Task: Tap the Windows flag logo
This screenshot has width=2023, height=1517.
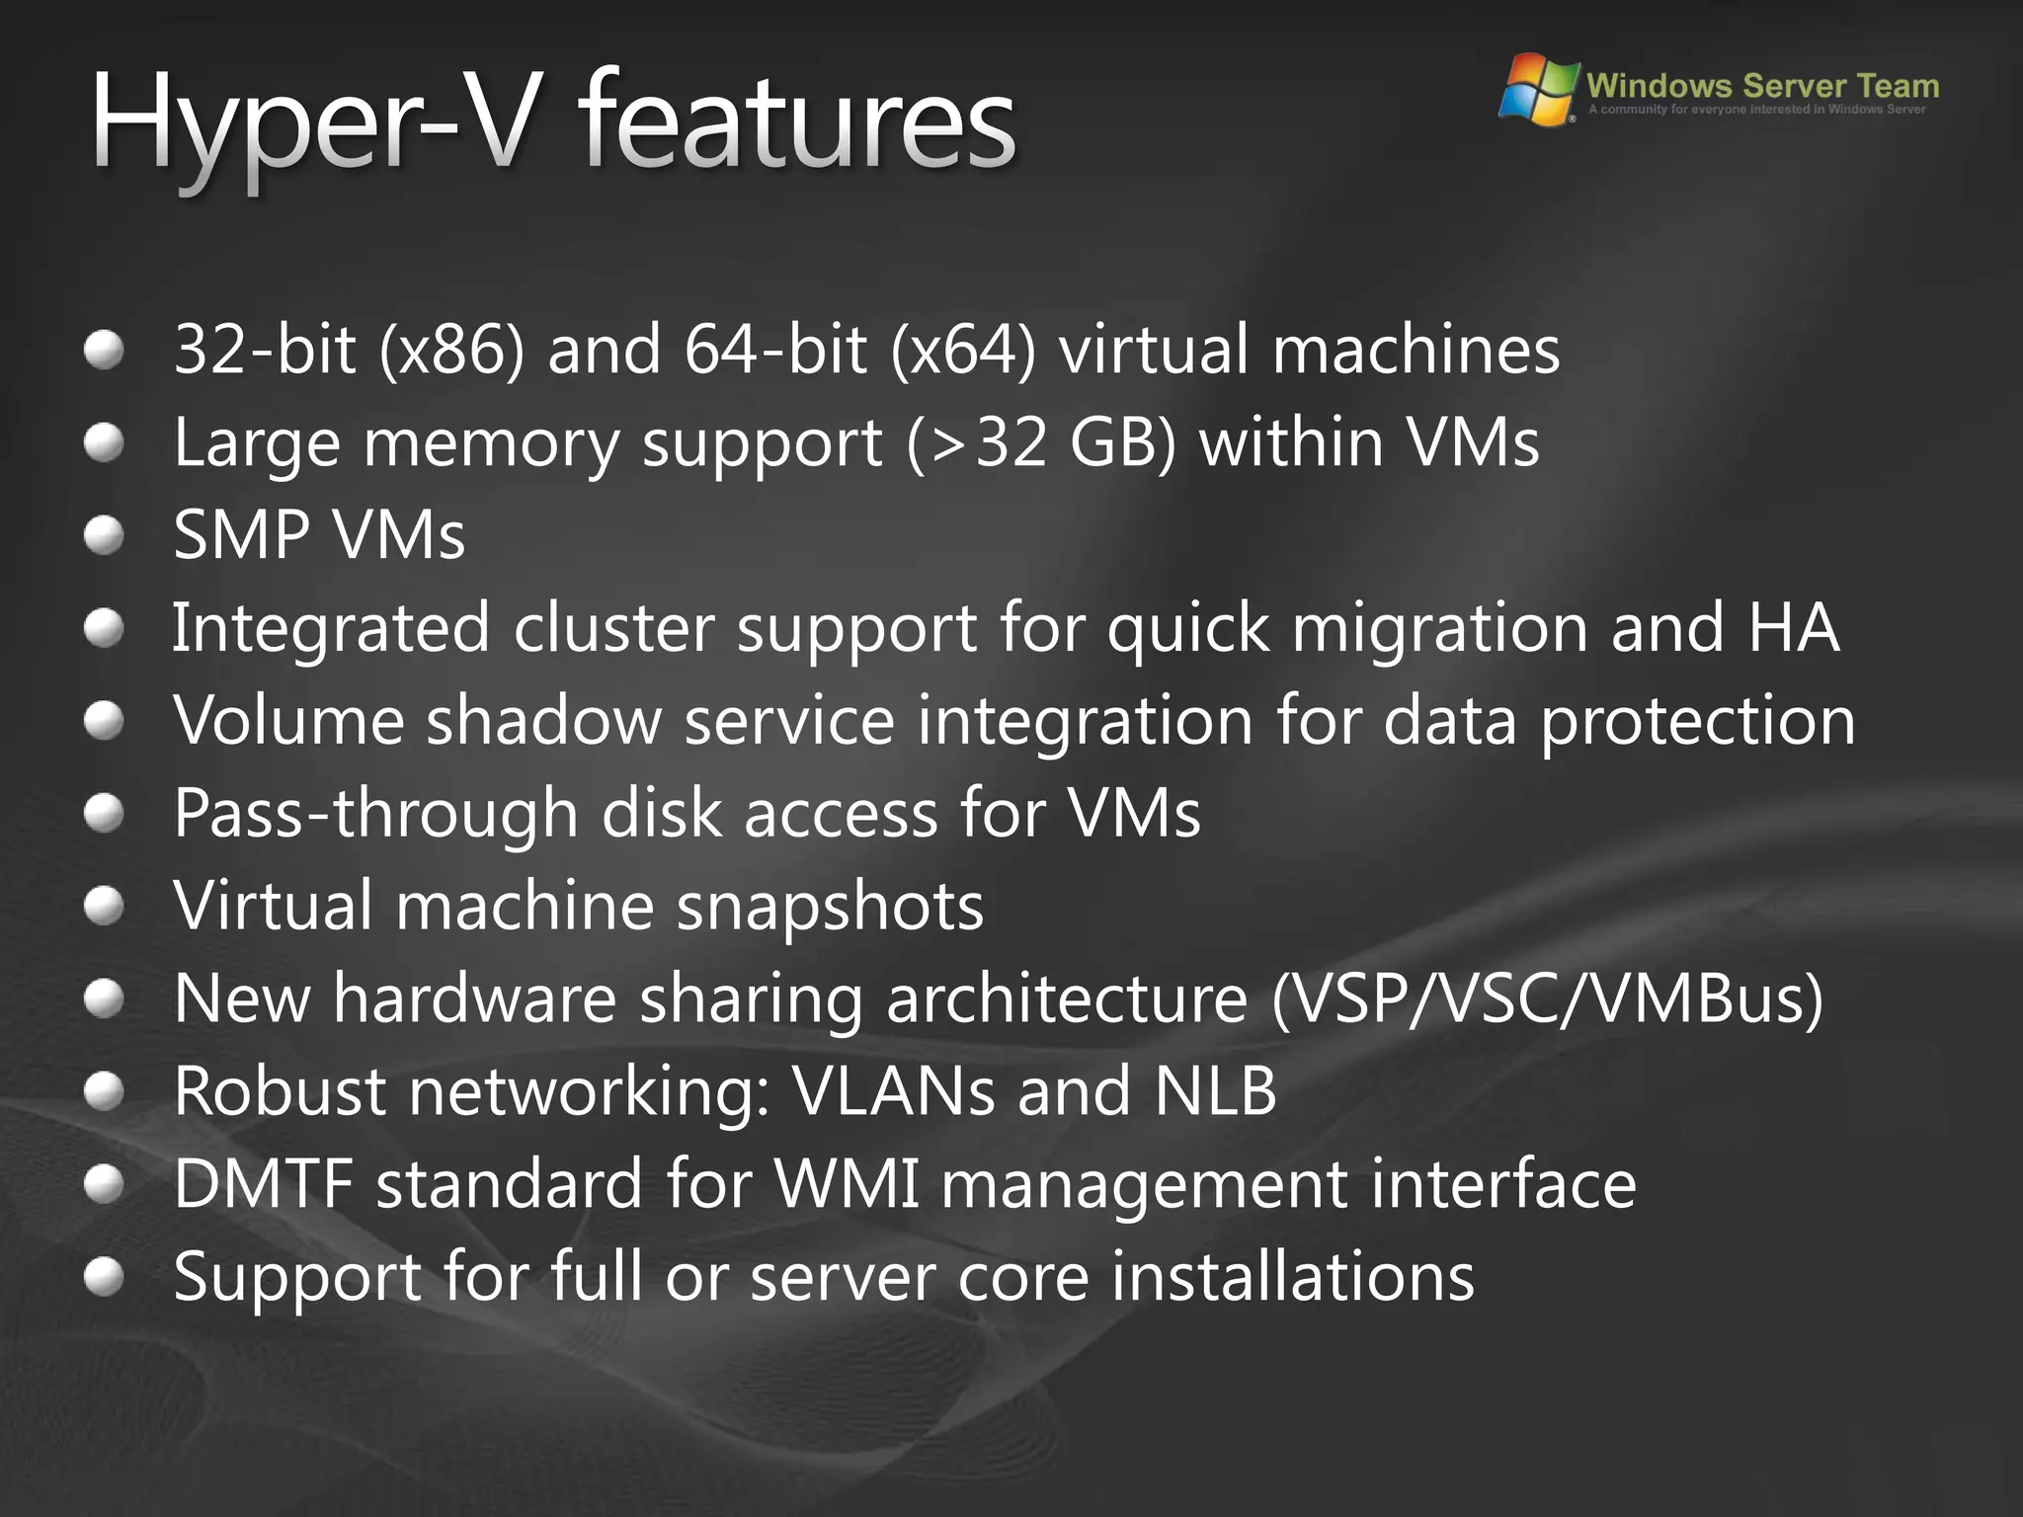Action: point(1538,89)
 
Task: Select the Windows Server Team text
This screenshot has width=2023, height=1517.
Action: point(1762,85)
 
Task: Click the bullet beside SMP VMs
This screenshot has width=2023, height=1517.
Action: point(104,535)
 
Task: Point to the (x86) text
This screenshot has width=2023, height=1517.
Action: point(452,350)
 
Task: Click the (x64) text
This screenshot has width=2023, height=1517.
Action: point(963,350)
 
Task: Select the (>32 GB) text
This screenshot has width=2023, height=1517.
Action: point(1041,442)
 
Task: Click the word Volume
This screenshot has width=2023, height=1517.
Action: point(288,720)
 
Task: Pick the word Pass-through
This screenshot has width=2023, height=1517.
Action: point(375,814)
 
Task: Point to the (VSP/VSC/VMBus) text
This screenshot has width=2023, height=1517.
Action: point(1547,998)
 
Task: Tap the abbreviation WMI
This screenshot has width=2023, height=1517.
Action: point(848,1184)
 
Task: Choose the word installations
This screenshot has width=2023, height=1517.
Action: point(1292,1277)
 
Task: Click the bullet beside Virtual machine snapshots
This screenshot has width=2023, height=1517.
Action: point(104,906)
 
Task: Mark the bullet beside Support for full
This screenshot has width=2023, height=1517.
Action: point(104,1276)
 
